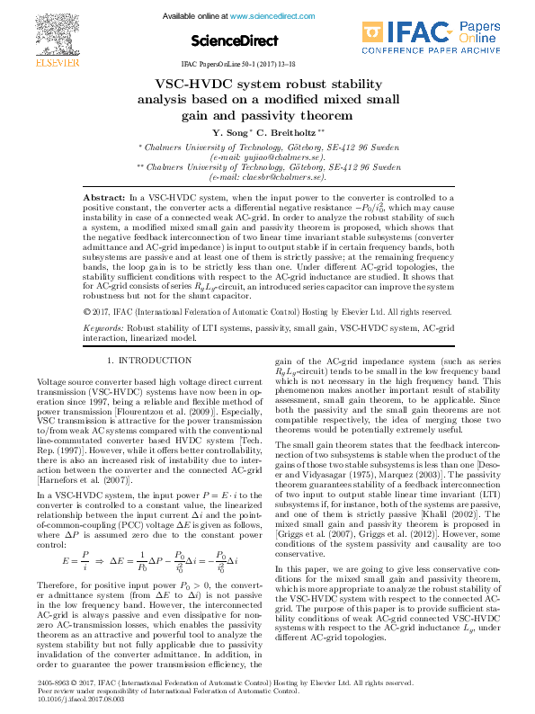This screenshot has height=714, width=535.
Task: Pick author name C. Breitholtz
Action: tap(285, 133)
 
